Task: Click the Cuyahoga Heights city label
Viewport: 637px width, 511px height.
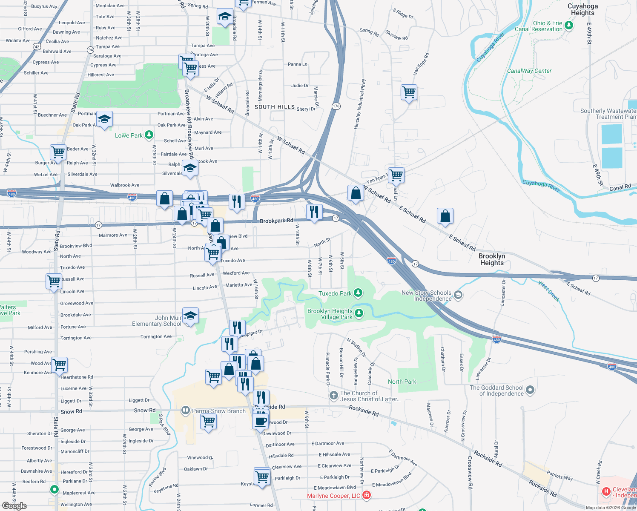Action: pos(582,9)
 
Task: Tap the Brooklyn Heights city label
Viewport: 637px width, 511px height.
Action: pos(492,259)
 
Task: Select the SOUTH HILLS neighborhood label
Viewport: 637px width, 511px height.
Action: pos(275,107)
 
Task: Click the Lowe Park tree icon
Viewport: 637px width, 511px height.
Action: pos(149,135)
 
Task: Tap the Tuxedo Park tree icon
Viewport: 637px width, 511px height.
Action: pos(358,293)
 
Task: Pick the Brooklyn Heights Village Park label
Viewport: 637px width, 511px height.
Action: pos(330,314)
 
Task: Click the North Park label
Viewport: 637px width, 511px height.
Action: pos(402,382)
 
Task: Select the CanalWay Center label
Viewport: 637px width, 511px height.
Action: pos(529,71)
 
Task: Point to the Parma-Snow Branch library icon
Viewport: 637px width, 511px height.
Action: pos(185,411)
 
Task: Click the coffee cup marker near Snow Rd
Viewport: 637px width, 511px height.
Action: pos(261,421)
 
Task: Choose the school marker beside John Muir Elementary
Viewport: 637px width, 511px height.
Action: pos(190,316)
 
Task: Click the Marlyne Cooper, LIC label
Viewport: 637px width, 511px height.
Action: pos(333,496)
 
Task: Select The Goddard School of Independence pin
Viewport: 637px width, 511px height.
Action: pos(530,390)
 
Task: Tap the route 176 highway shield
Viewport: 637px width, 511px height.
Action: pos(336,106)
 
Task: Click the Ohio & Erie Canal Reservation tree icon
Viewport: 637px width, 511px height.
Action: pos(569,26)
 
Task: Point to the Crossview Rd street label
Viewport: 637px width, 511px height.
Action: pos(470,472)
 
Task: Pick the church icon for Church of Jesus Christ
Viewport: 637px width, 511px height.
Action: pos(334,396)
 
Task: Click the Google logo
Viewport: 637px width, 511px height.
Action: pos(14,506)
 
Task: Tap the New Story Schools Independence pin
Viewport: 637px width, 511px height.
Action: pos(458,295)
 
